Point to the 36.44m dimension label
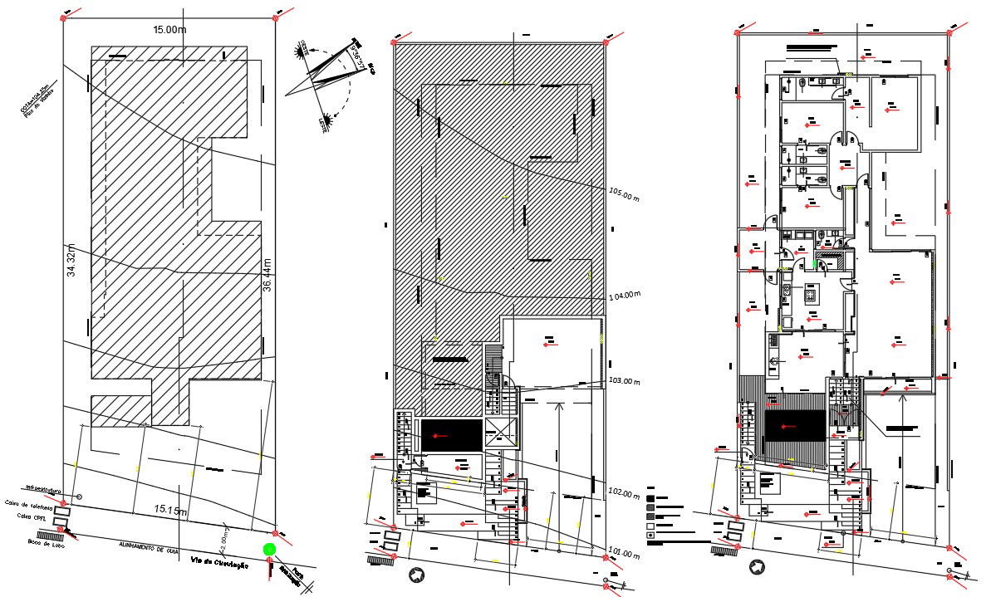click(267, 275)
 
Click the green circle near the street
click(268, 549)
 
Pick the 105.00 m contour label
click(625, 197)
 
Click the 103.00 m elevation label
click(626, 381)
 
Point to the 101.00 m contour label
click(626, 551)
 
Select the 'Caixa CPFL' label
click(29, 516)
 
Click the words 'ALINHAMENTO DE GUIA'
click(150, 546)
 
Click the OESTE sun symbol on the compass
click(298, 51)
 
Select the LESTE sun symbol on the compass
click(330, 121)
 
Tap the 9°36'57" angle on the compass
click(358, 53)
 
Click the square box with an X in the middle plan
click(501, 432)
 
